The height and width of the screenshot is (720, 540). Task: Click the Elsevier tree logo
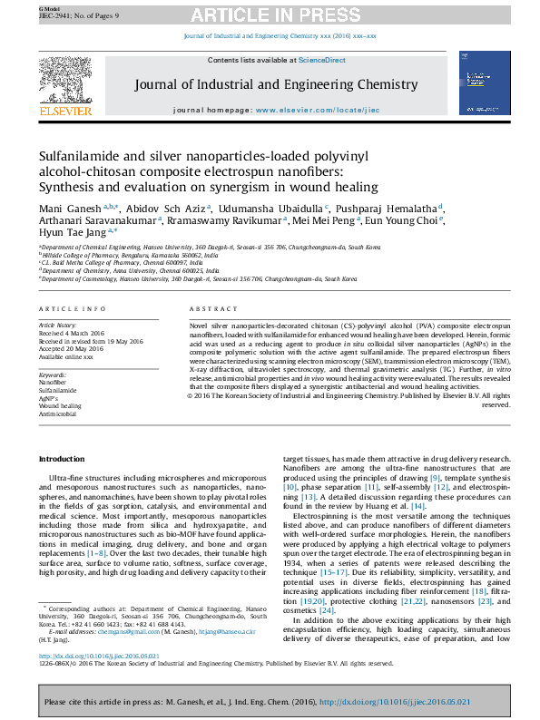coord(64,85)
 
